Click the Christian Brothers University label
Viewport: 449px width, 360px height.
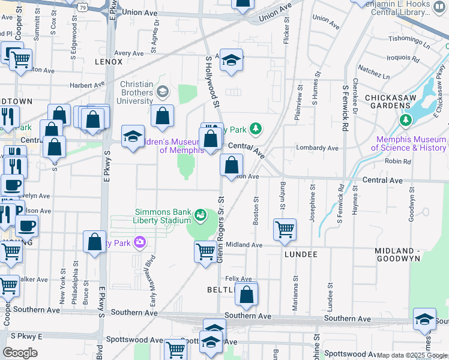pyautogui.click(x=136, y=93)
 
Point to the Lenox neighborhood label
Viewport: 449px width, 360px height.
pyautogui.click(x=109, y=62)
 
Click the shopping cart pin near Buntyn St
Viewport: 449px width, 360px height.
pyautogui.click(x=284, y=228)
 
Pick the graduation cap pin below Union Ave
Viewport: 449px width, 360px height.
pyautogui.click(x=231, y=60)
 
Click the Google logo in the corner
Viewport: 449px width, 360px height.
pyautogui.click(x=20, y=352)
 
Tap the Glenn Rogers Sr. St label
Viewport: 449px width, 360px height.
pyautogui.click(x=220, y=230)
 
